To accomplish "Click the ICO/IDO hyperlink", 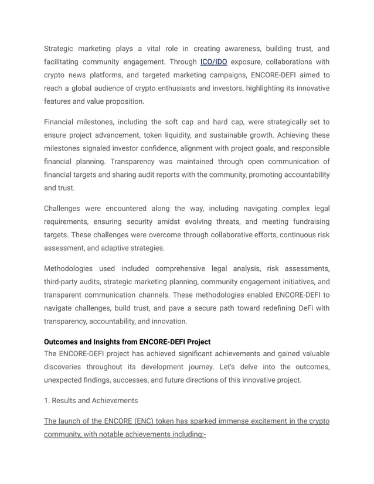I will (213, 62).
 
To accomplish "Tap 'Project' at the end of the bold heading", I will (196, 342).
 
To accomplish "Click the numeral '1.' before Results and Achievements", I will (47, 400).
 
